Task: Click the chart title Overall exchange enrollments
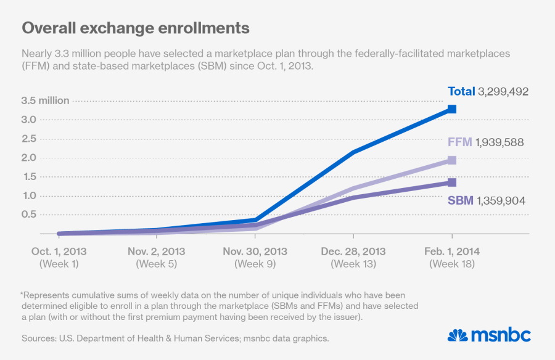point(136,28)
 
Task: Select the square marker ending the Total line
point(452,109)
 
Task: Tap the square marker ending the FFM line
point(452,160)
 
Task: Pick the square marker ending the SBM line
point(452,182)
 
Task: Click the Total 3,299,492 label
point(488,92)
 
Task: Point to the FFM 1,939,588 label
point(485,142)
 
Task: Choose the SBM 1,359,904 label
point(487,200)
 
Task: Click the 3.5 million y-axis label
point(45,100)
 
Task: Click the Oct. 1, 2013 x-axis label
point(59,252)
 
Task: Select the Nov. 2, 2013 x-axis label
point(157,252)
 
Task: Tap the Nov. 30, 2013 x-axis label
point(255,252)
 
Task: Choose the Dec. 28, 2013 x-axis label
point(353,252)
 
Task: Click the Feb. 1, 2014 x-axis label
point(452,252)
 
